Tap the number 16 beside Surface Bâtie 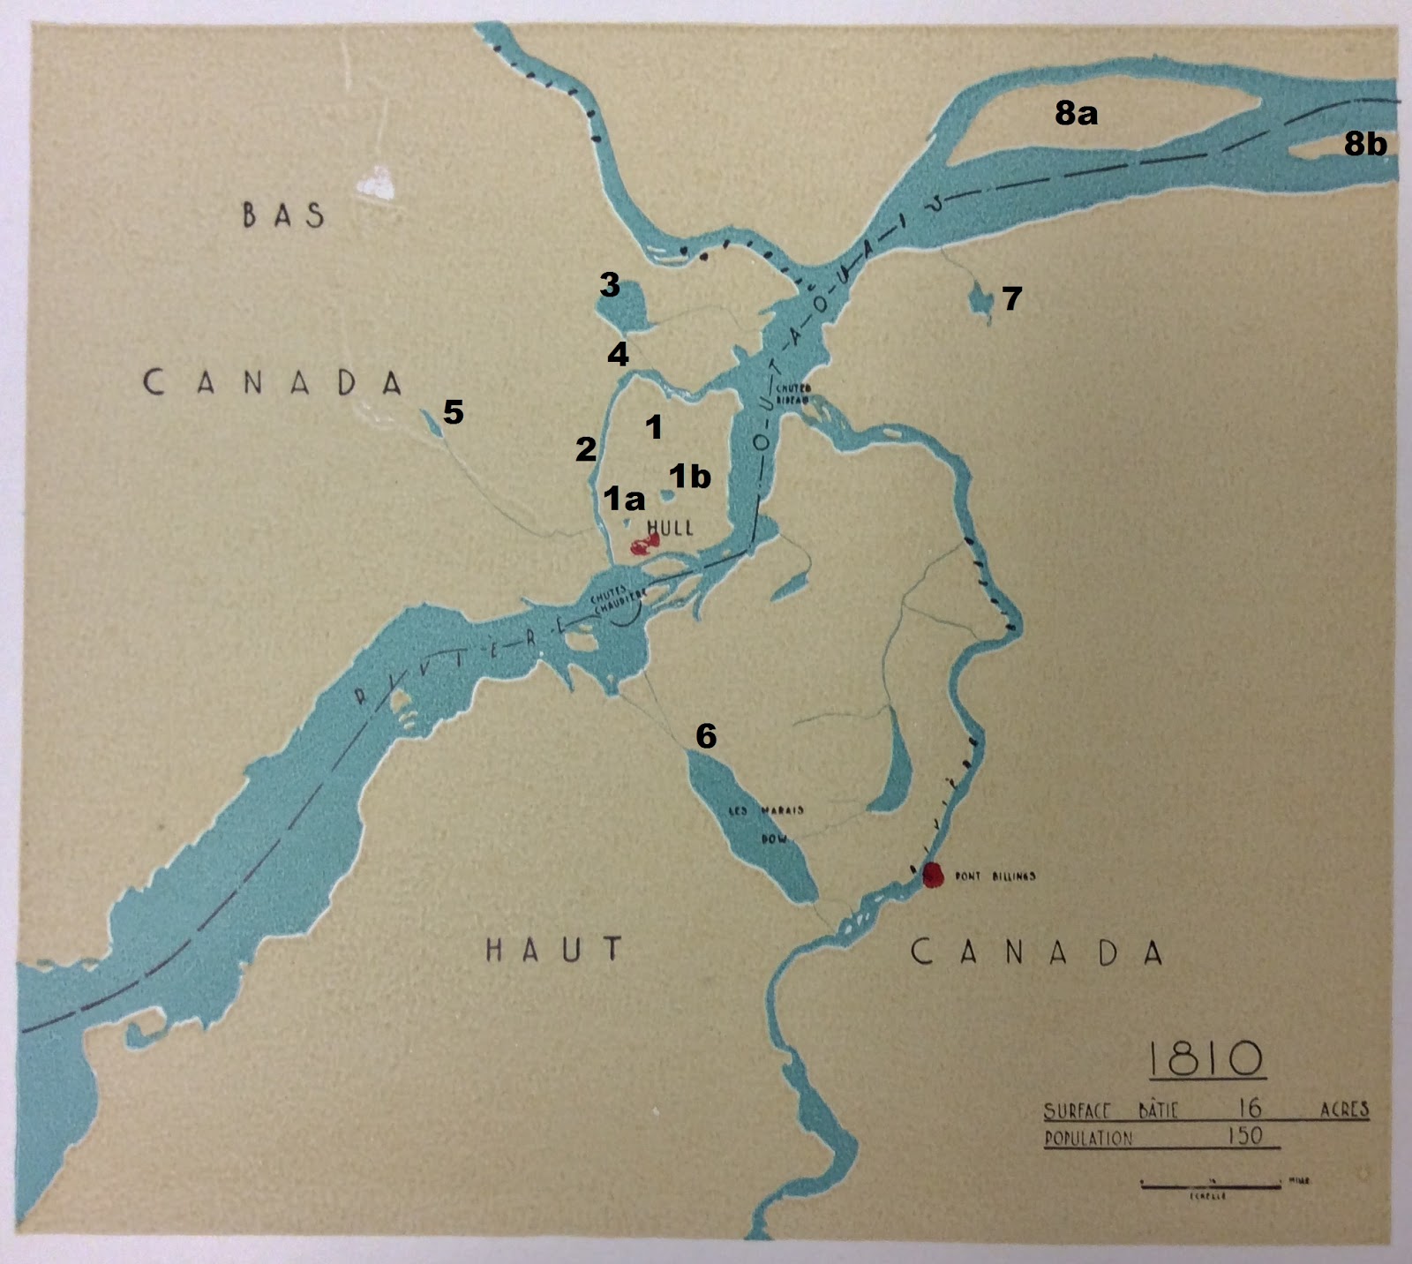point(1249,1107)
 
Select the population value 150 point(1244,1136)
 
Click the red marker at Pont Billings point(933,875)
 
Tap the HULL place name point(670,528)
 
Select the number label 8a point(1076,113)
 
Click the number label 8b point(1364,144)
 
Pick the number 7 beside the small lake point(1011,298)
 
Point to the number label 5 point(453,411)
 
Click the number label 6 point(706,735)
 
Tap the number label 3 point(609,285)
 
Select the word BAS point(283,214)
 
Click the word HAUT point(554,950)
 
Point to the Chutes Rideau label point(792,393)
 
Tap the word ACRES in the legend point(1343,1110)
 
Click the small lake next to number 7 point(980,301)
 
